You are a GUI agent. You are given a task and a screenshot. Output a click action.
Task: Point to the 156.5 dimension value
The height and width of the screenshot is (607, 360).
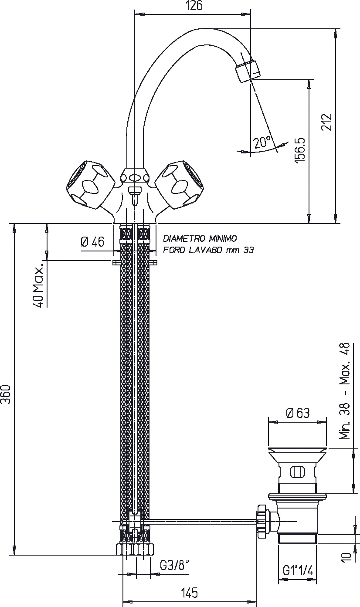pyautogui.click(x=301, y=150)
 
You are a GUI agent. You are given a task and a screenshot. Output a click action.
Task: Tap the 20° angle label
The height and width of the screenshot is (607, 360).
pyautogui.click(x=262, y=142)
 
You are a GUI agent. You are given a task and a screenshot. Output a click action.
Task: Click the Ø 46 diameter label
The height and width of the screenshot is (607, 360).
pyautogui.click(x=92, y=242)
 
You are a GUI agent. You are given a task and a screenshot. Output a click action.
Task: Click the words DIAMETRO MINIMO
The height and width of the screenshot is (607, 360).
pyautogui.click(x=200, y=238)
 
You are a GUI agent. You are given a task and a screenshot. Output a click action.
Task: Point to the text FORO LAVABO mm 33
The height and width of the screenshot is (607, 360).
pyautogui.click(x=208, y=250)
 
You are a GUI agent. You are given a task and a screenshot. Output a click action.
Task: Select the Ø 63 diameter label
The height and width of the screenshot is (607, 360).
pyautogui.click(x=298, y=413)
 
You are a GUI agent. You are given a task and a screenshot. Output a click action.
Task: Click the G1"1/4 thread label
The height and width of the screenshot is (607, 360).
pyautogui.click(x=298, y=570)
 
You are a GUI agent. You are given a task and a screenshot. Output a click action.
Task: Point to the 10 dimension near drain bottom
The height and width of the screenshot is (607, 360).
pyautogui.click(x=346, y=557)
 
